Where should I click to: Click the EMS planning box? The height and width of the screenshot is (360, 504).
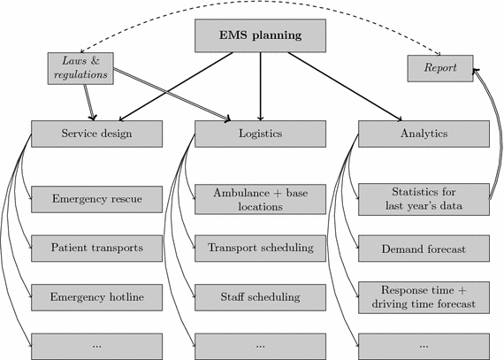click(260, 36)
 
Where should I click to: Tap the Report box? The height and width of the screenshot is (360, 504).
click(439, 67)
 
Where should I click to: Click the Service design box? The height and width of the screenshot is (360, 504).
click(96, 134)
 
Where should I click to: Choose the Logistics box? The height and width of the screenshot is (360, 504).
click(260, 134)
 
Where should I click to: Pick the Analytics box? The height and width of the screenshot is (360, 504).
click(423, 134)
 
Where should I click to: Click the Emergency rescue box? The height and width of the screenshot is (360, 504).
click(96, 199)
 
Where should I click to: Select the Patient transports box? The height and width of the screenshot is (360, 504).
click(96, 248)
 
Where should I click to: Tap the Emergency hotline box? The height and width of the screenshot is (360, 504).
click(96, 296)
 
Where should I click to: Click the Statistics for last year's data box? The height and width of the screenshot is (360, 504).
click(423, 199)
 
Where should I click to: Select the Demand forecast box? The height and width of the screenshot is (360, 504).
click(423, 249)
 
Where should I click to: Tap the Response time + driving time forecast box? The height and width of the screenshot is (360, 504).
click(423, 296)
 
